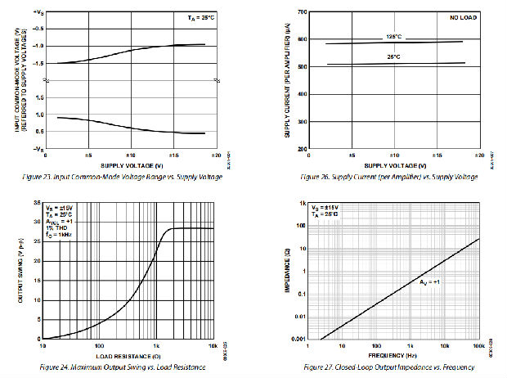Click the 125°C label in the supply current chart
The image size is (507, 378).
click(x=393, y=37)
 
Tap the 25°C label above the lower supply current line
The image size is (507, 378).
click(x=393, y=56)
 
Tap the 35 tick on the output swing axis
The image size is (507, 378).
click(x=35, y=202)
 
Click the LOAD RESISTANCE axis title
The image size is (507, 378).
click(x=128, y=355)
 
